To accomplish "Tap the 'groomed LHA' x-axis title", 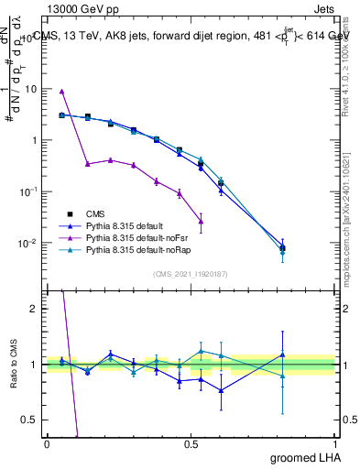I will point(300,457).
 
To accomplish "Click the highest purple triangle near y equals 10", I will point(61,92).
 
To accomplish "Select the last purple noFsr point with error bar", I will point(201,222).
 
